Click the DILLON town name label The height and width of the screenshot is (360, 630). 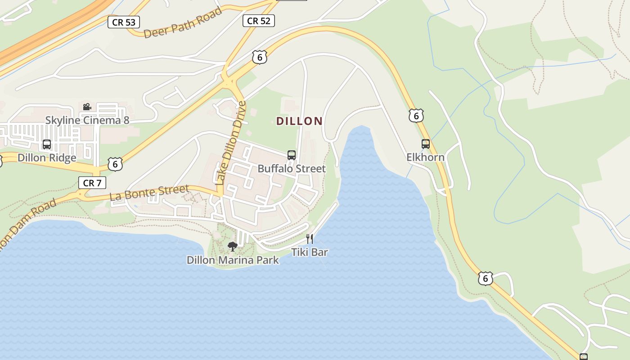click(x=299, y=121)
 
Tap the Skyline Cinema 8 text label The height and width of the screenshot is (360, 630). click(x=87, y=120)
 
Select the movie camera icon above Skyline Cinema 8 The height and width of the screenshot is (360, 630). click(x=87, y=107)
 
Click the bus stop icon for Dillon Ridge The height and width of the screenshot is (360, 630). click(x=47, y=144)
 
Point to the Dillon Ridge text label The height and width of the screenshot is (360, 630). click(x=47, y=158)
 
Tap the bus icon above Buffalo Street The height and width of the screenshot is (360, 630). click(x=292, y=155)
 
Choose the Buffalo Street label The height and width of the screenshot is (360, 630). click(x=292, y=169)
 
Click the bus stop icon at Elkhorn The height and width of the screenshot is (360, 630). click(x=425, y=144)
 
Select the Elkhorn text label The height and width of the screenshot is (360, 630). click(x=425, y=157)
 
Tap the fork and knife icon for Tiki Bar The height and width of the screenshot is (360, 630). click(x=310, y=239)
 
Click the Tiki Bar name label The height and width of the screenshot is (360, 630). click(x=310, y=252)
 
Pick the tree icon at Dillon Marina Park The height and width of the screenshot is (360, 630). click(x=233, y=246)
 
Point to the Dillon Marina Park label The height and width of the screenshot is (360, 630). click(x=233, y=260)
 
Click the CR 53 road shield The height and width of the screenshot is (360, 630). click(x=124, y=22)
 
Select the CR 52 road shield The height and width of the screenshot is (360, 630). click(x=259, y=20)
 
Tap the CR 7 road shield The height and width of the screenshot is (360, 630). click(x=92, y=183)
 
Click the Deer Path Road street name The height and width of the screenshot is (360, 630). click(x=183, y=23)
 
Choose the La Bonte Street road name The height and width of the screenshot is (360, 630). click(x=149, y=193)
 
